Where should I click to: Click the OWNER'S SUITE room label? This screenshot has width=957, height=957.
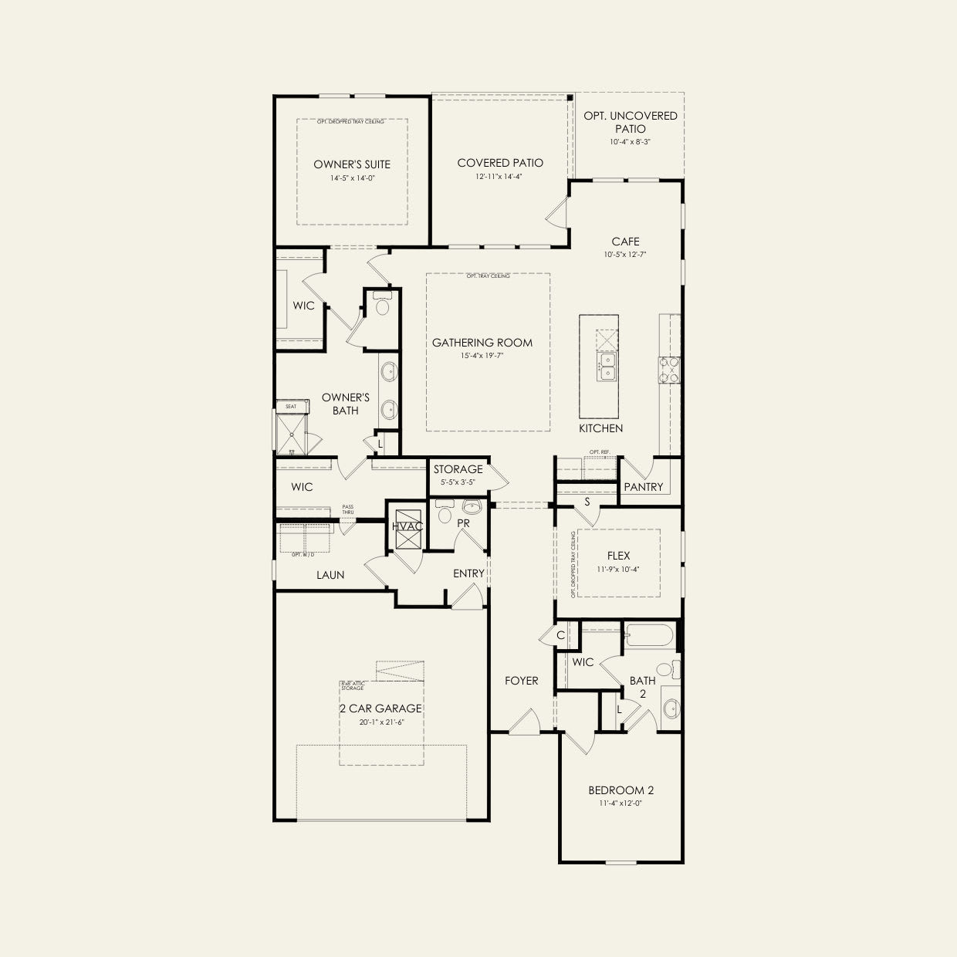pos(351,164)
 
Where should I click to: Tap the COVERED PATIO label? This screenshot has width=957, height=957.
pos(500,163)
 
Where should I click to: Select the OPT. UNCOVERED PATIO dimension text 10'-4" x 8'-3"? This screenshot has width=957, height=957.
pos(630,142)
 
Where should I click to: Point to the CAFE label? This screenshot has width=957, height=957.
pos(625,242)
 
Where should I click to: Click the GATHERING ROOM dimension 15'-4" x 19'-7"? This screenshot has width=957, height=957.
pos(482,356)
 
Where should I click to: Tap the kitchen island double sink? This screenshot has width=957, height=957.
pos(605,369)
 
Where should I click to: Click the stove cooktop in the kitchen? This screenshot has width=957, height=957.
pos(668,370)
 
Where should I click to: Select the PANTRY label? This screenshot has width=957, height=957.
pos(643,487)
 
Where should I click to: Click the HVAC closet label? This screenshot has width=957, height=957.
pos(407,526)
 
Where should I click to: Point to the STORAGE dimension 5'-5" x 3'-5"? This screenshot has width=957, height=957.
pos(458,482)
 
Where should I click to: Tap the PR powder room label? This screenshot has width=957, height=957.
pos(463,523)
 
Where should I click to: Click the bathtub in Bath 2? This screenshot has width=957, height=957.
pos(649,635)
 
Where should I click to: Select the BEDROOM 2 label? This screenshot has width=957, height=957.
pos(621,790)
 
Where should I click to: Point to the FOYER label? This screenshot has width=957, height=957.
pos(521,681)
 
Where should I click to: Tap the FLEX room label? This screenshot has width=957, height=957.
pos(618,556)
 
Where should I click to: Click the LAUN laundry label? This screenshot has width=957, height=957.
pos(330,575)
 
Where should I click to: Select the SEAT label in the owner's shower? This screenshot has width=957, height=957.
pos(291,406)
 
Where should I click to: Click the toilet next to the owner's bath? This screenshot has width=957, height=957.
pos(381,308)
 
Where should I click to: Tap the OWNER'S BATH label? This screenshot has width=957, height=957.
pos(345,404)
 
